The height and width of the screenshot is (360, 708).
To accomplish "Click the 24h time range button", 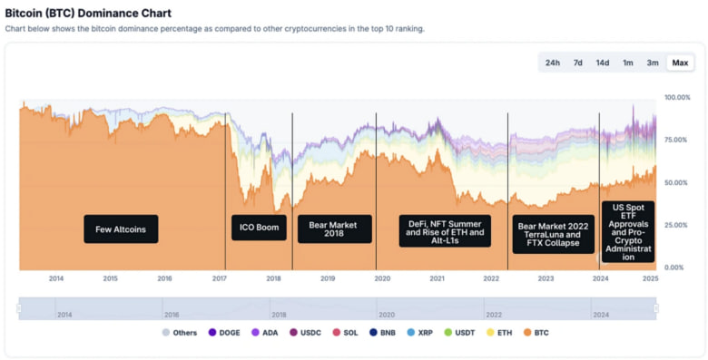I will coord(552,63).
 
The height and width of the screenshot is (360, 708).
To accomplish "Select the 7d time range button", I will coord(577,63).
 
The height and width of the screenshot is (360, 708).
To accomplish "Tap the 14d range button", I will coord(603,63).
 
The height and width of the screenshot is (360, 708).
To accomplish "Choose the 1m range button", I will coord(628,63).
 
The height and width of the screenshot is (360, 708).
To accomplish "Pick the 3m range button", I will coord(653,63).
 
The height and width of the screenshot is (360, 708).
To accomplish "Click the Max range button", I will coord(680,63).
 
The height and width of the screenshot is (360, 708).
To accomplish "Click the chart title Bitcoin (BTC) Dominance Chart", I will coord(88,14).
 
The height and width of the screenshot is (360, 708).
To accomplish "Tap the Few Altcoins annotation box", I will coord(121,229).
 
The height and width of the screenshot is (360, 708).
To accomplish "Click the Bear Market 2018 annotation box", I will coord(335,229).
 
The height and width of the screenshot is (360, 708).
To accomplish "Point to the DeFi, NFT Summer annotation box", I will coord(445,231).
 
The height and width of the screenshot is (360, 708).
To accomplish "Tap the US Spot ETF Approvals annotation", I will coord(628,232).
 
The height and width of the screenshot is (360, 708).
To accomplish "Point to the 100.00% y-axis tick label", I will coord(677,97).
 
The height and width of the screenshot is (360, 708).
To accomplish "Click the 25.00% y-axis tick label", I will coord(677,225).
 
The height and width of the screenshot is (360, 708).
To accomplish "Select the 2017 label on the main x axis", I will coord(219,278).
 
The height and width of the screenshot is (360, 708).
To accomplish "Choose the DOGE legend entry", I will coord(225,333).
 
